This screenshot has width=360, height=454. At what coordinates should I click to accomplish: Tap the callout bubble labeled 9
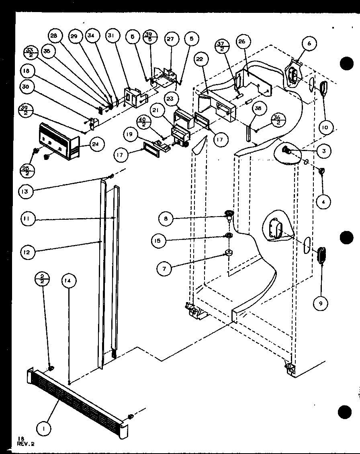pyautogui.click(x=320, y=304)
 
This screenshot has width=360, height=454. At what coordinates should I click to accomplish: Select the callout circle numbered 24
pyautogui.click(x=96, y=145)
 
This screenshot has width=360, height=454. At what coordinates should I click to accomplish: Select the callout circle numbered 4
pyautogui.click(x=323, y=202)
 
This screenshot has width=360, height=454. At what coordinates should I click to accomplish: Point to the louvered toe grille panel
pyautogui.click(x=76, y=398)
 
